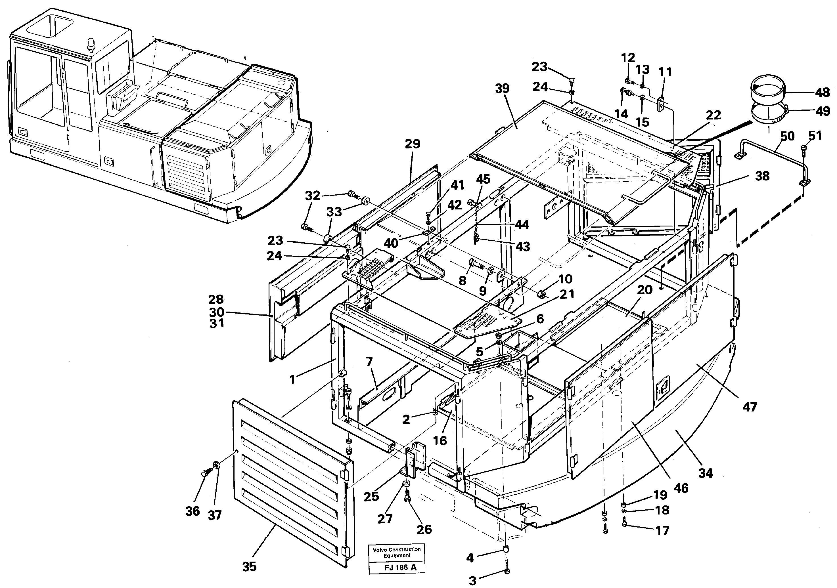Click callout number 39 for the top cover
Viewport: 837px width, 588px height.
tap(502, 89)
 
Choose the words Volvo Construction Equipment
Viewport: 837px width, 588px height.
tap(397, 552)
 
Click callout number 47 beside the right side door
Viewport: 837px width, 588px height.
tap(750, 407)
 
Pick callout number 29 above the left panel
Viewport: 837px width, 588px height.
tap(412, 144)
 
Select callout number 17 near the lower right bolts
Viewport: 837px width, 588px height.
tap(662, 530)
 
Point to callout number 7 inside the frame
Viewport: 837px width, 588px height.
tap(369, 362)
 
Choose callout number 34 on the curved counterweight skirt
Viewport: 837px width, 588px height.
tap(705, 473)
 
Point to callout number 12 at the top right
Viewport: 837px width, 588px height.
tap(628, 58)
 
